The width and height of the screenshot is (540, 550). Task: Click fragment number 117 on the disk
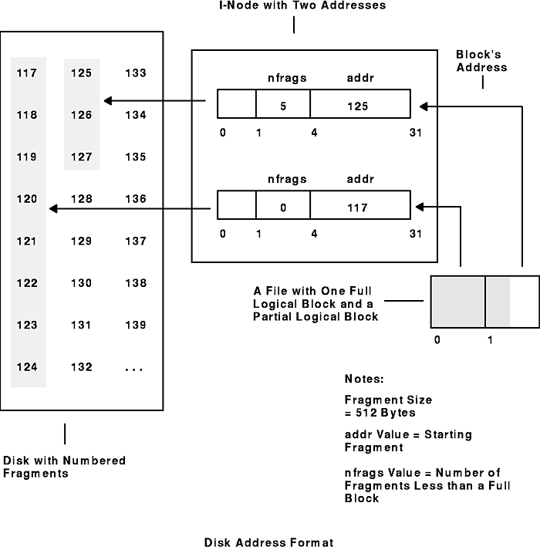[26, 74]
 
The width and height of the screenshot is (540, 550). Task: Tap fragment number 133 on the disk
[135, 74]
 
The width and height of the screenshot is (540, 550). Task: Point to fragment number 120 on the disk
[26, 199]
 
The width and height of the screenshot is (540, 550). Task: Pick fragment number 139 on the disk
[135, 326]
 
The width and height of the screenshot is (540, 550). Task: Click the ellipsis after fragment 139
[133, 368]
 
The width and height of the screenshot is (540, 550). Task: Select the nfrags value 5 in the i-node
[283, 107]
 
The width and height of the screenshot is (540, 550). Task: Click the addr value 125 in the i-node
[357, 107]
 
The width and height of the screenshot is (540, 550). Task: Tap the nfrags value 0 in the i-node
[283, 208]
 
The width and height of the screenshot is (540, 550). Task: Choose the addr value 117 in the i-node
[357, 208]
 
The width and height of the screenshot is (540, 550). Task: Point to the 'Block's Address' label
[482, 61]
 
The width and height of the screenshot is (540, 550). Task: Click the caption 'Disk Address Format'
[269, 542]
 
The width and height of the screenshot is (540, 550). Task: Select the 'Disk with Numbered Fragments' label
[65, 467]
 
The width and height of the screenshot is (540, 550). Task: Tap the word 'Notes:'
[363, 380]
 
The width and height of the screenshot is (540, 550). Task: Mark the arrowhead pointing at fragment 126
[109, 101]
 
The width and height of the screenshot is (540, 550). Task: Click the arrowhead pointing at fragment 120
[52, 208]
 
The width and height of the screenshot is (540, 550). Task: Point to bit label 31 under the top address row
[416, 133]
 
